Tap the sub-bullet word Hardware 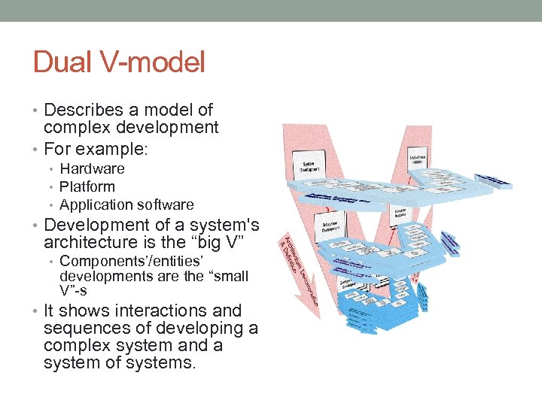click(92, 168)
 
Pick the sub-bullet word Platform click(87, 186)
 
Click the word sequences click(85, 329)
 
